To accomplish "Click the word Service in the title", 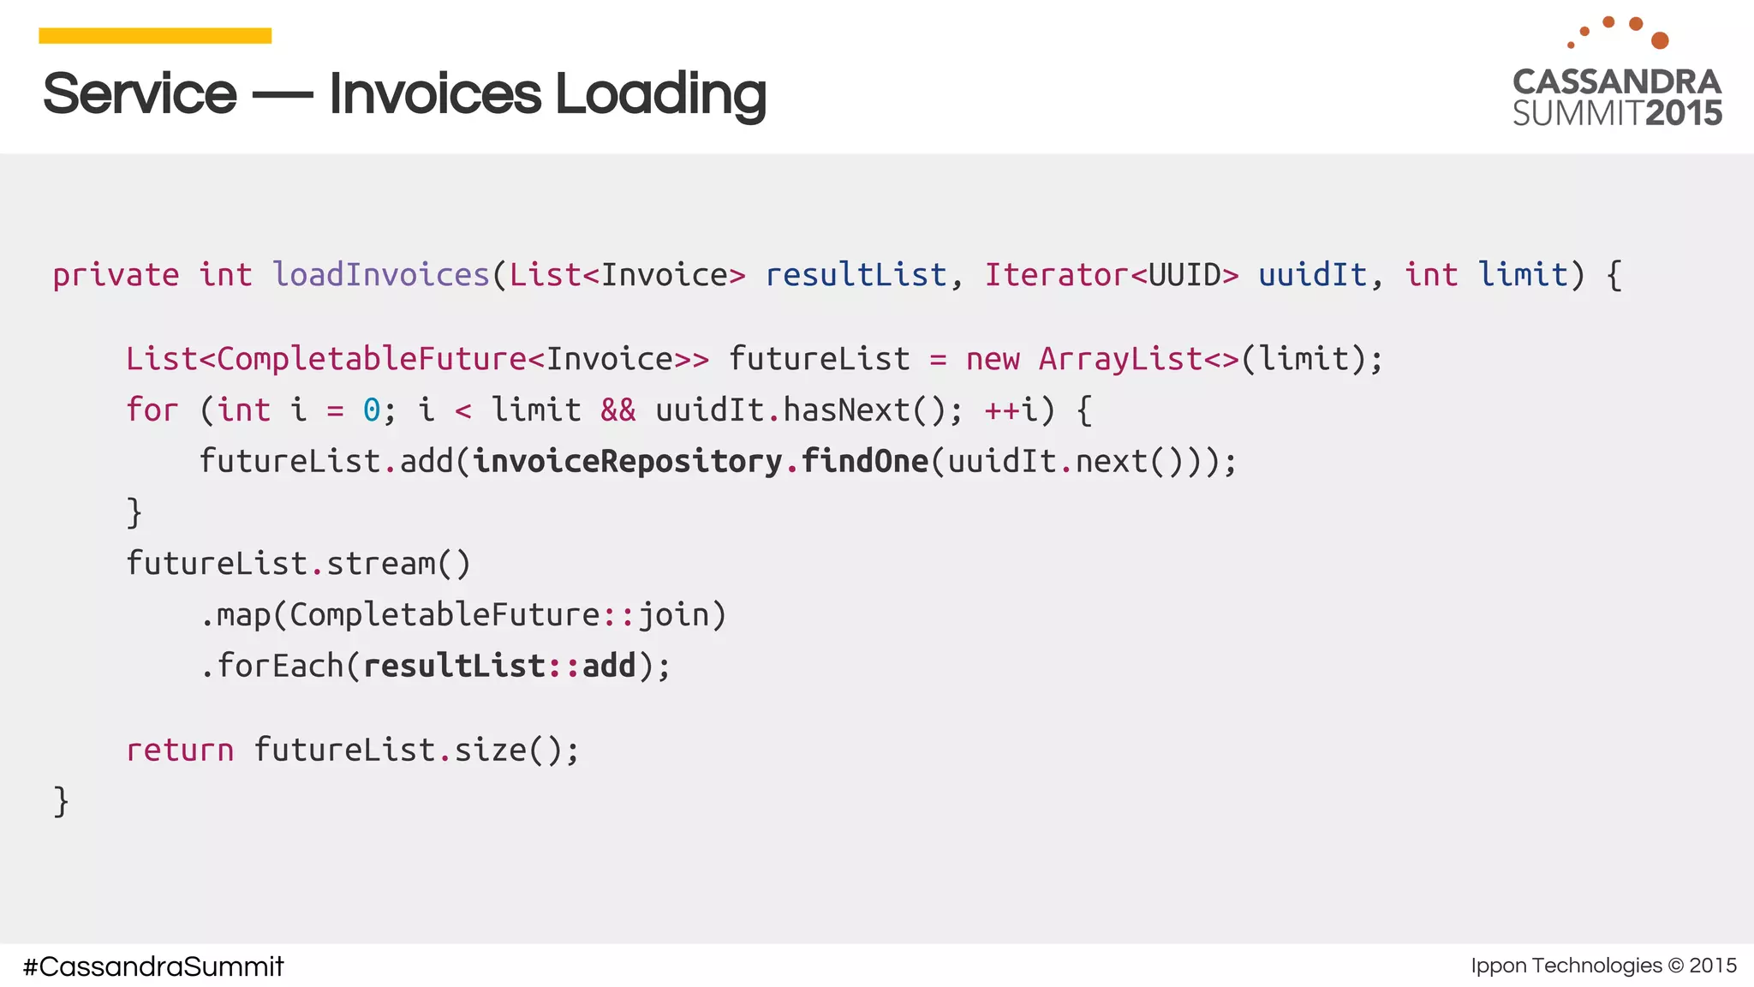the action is click(x=140, y=93).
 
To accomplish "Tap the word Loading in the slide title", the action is click(x=660, y=93).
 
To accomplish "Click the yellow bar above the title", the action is click(x=155, y=35).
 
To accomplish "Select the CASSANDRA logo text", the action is click(x=1617, y=82).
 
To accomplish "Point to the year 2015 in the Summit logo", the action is click(x=1684, y=113).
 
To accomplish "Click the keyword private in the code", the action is click(x=116, y=275).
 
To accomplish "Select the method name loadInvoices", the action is click(x=381, y=275).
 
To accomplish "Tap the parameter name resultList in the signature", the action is click(x=856, y=275).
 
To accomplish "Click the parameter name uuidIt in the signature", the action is click(x=1312, y=275).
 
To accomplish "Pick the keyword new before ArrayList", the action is click(x=993, y=359).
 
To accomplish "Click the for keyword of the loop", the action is click(x=152, y=410).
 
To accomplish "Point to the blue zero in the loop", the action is click(x=372, y=410).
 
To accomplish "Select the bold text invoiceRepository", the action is click(x=628, y=462).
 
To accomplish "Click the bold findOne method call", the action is click(x=865, y=462).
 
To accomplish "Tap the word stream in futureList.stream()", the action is click(x=381, y=564).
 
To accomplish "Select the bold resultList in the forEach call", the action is click(x=454, y=666).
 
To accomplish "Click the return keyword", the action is click(x=180, y=751).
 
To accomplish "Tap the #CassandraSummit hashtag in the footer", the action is click(x=153, y=966).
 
